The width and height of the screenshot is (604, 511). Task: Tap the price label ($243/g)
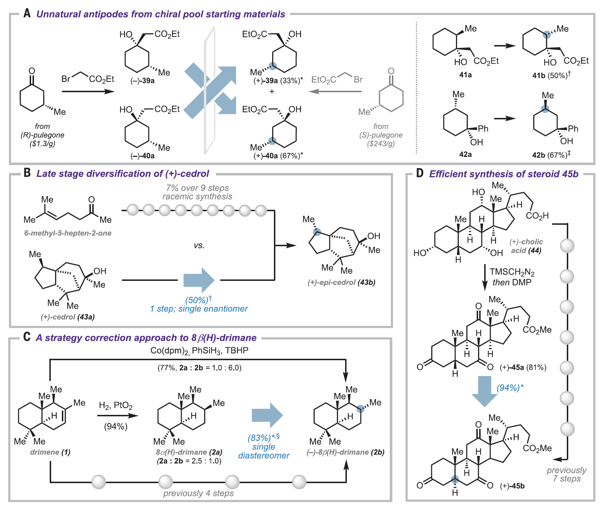coord(381,144)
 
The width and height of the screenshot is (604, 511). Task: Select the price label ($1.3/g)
coord(42,144)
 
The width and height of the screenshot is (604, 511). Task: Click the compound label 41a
coord(465,75)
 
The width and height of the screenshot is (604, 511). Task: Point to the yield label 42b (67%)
coord(551,155)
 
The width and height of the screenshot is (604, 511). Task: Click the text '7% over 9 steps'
coord(197,188)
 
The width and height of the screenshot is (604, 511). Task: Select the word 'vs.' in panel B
coord(199,245)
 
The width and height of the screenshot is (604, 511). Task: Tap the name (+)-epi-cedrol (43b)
coord(342,282)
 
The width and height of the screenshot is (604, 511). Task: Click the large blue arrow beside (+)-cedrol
coord(199,280)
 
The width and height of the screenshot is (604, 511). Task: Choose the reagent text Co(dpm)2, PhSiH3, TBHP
coord(199,350)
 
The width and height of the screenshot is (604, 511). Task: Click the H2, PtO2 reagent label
coord(116,406)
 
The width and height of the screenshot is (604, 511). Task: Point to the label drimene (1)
coord(50,452)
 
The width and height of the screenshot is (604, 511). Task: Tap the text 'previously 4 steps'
coord(198,493)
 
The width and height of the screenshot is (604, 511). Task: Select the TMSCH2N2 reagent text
coord(512,272)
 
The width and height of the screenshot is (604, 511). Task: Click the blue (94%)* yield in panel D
coord(510,388)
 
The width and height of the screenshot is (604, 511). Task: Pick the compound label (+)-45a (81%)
coord(523,367)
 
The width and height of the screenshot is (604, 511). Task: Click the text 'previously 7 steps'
coord(566,475)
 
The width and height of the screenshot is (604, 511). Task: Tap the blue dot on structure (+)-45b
coord(455,480)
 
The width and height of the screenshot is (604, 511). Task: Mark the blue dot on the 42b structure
coord(545,109)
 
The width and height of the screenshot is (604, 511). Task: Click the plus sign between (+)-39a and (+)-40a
coord(272,91)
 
